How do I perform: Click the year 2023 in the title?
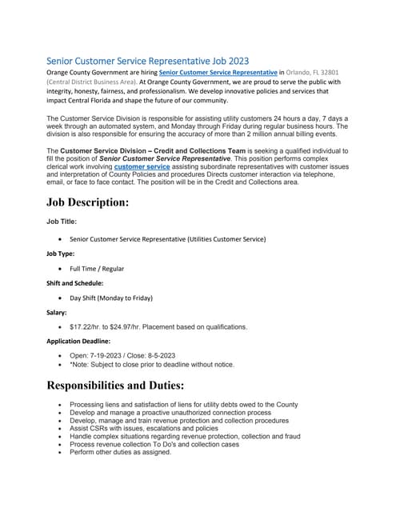[x=234, y=60]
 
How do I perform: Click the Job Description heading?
[x=87, y=202]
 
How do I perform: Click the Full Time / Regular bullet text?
[x=97, y=269]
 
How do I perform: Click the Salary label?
[x=57, y=313]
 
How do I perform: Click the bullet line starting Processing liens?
[x=183, y=405]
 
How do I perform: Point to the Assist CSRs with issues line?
[x=144, y=429]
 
